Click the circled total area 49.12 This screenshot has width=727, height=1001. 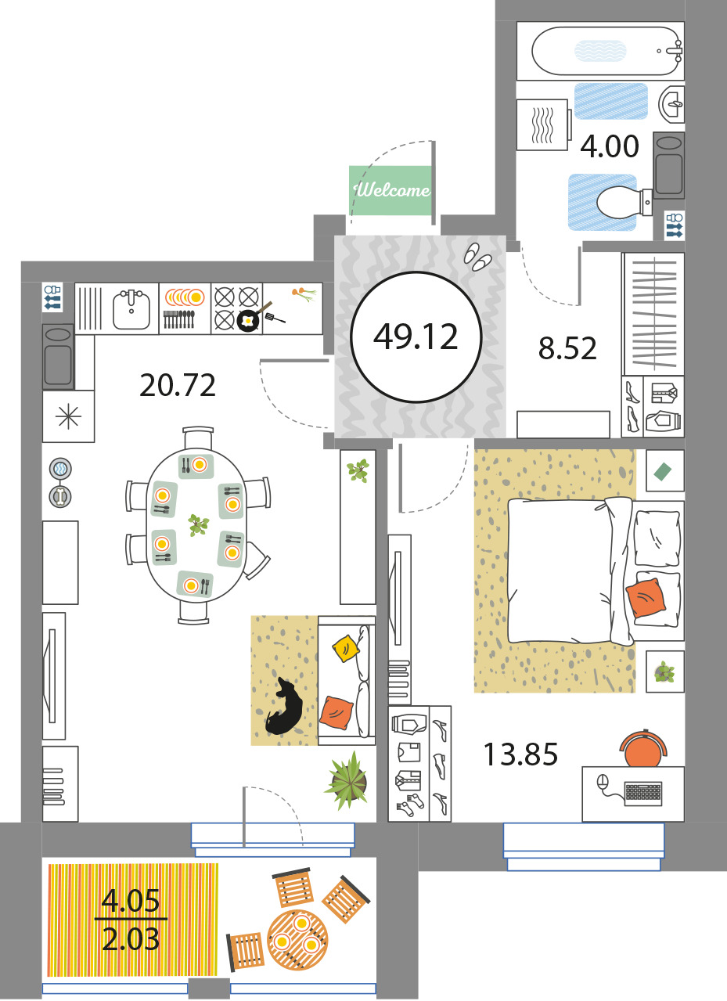click(416, 337)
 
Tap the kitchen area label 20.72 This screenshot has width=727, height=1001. click(178, 385)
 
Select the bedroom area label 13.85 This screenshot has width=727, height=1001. click(520, 754)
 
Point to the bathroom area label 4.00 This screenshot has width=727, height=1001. click(610, 146)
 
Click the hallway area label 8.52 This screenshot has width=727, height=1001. click(567, 348)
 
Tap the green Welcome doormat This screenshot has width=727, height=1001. click(390, 190)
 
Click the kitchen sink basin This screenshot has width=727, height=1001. click(131, 309)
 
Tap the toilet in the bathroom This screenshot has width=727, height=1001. click(624, 203)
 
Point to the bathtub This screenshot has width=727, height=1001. click(605, 51)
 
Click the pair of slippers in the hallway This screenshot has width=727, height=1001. click(477, 257)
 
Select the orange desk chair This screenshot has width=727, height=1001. click(643, 749)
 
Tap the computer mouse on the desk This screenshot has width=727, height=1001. click(603, 783)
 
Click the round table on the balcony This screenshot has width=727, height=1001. click(297, 940)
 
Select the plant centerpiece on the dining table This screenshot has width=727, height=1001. click(198, 524)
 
